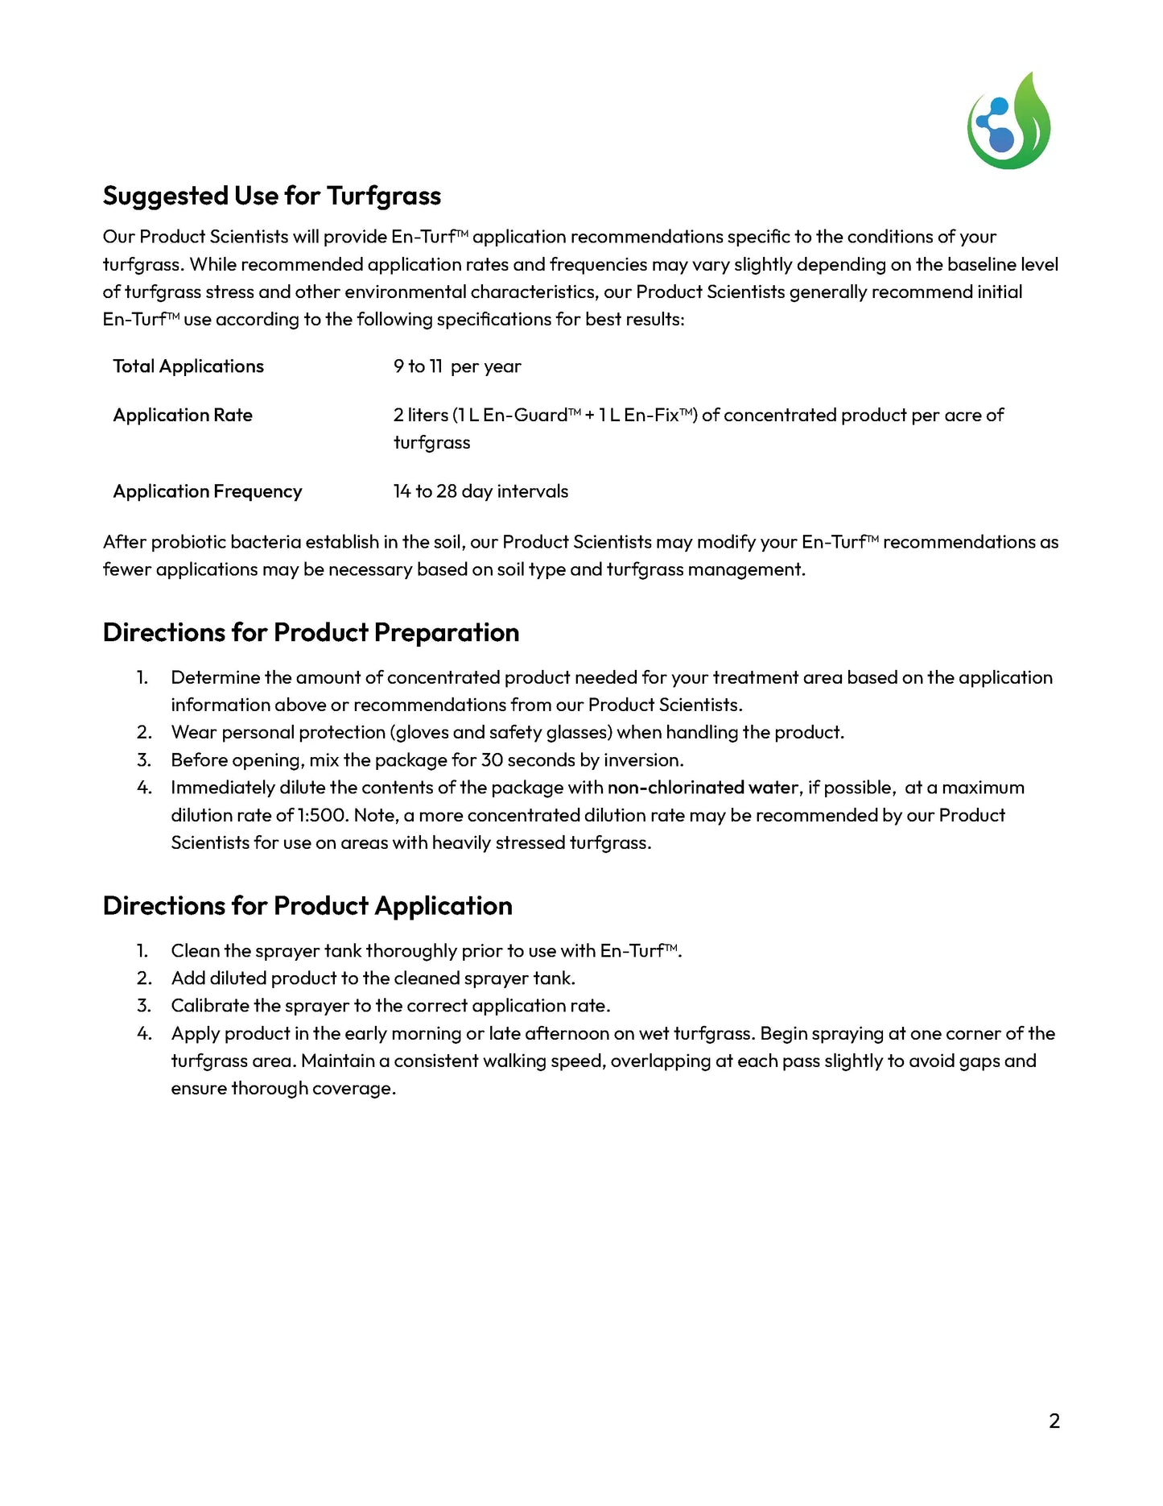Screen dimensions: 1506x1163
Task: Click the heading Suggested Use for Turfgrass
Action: pyautogui.click(x=272, y=196)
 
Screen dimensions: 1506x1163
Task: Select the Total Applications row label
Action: pyautogui.click(x=188, y=366)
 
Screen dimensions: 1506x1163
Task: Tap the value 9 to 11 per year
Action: pyautogui.click(x=457, y=366)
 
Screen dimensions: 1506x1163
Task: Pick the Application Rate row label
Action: pyautogui.click(x=183, y=416)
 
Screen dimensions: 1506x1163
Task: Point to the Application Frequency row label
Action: pyautogui.click(x=208, y=491)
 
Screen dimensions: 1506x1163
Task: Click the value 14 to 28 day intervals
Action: pyautogui.click(x=480, y=491)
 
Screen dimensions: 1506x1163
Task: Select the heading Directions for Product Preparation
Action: pyautogui.click(x=311, y=633)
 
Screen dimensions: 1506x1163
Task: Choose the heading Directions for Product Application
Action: pyautogui.click(x=307, y=906)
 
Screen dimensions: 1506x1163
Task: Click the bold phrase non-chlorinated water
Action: pyautogui.click(x=703, y=788)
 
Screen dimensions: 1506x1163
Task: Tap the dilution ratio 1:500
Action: pyautogui.click(x=323, y=815)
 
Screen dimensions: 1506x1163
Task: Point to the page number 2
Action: pyautogui.click(x=1054, y=1421)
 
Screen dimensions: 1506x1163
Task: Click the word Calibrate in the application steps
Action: pyautogui.click(x=210, y=1006)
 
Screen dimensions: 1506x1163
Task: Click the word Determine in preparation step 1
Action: pyautogui.click(x=216, y=678)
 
